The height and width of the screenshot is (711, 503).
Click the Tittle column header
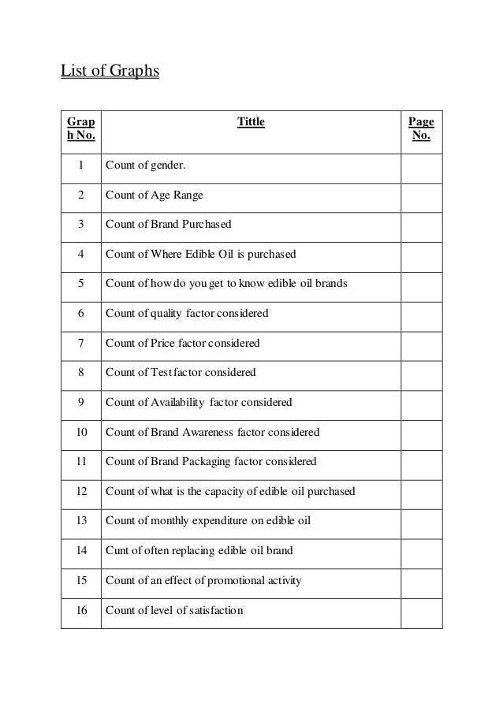coord(251,121)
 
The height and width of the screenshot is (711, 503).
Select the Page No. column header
coord(421,130)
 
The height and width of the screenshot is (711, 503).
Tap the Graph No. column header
coord(80,130)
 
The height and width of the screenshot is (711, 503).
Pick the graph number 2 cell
coord(80,195)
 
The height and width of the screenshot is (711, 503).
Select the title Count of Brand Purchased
coord(168,224)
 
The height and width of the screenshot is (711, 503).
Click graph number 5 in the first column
coord(80,283)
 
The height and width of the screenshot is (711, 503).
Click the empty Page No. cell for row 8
coord(421,372)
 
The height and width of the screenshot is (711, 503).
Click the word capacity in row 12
coord(228,491)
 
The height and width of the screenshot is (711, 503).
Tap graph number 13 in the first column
coord(80,521)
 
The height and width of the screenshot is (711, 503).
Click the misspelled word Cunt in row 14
coord(117,550)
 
